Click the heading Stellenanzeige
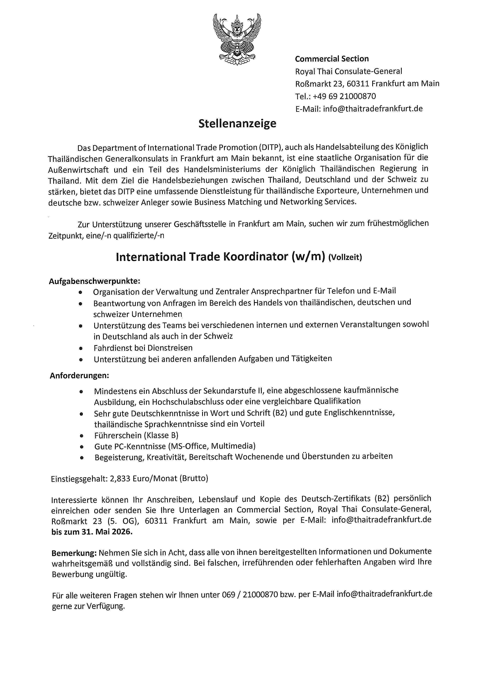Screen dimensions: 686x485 (x=237, y=123)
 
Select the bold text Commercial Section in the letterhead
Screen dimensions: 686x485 (x=332, y=59)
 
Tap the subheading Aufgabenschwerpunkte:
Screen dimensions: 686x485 (x=94, y=281)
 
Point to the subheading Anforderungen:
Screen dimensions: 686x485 (x=79, y=376)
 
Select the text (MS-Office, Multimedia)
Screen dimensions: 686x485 (x=212, y=446)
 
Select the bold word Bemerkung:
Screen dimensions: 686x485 (x=74, y=553)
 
